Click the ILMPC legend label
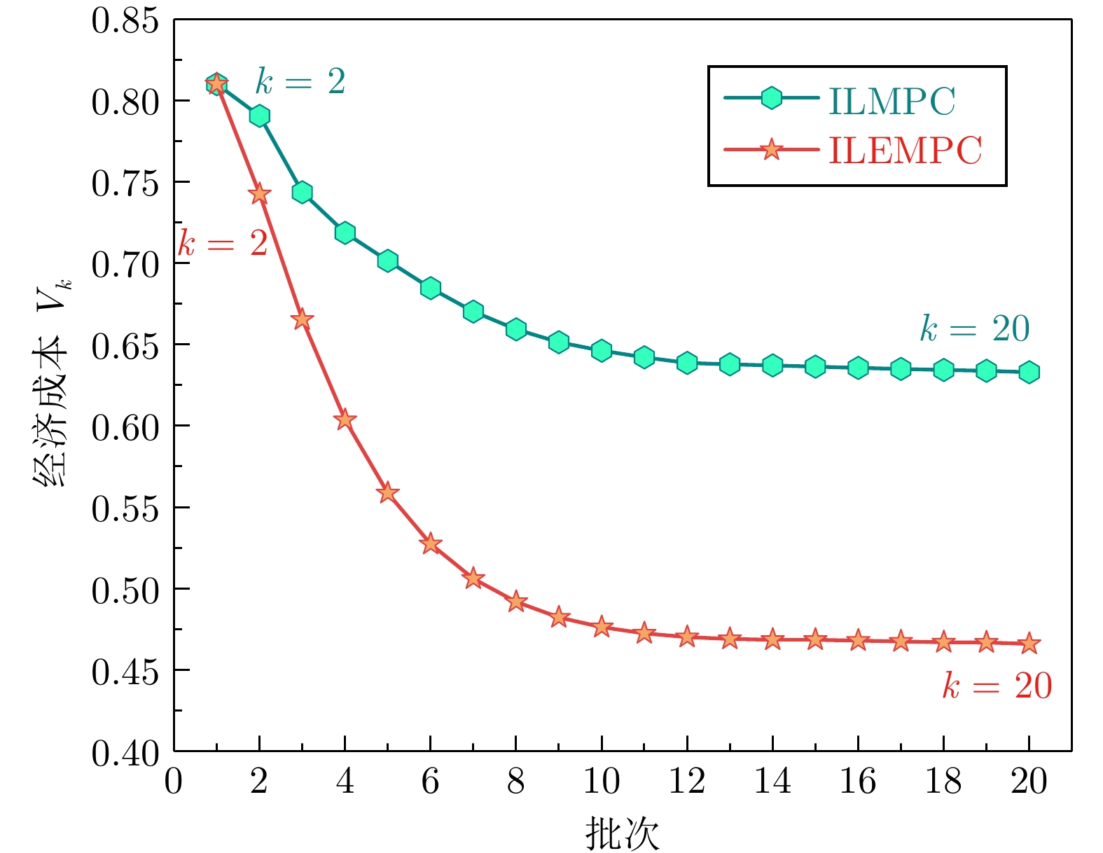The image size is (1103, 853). [892, 102]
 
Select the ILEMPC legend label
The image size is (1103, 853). [905, 150]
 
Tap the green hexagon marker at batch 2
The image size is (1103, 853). [260, 116]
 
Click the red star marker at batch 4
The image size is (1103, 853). [345, 420]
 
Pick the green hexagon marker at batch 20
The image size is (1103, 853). [1029, 372]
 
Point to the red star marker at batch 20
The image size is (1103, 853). [1029, 644]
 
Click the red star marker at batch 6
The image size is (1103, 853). [431, 544]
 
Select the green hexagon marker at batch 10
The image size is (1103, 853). [602, 351]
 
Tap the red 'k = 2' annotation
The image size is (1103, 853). [223, 244]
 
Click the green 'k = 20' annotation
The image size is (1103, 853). [975, 328]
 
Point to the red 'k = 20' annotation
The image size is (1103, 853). [997, 686]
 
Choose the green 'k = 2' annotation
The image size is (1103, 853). [300, 82]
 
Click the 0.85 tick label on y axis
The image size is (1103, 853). [125, 21]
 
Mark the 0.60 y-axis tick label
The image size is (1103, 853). [125, 426]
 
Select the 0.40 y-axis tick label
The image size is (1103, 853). [125, 754]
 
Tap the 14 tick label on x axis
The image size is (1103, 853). [772, 782]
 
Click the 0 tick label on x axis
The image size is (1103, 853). [174, 782]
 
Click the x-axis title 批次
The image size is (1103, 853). [622, 833]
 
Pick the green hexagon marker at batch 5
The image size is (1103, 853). [388, 261]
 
